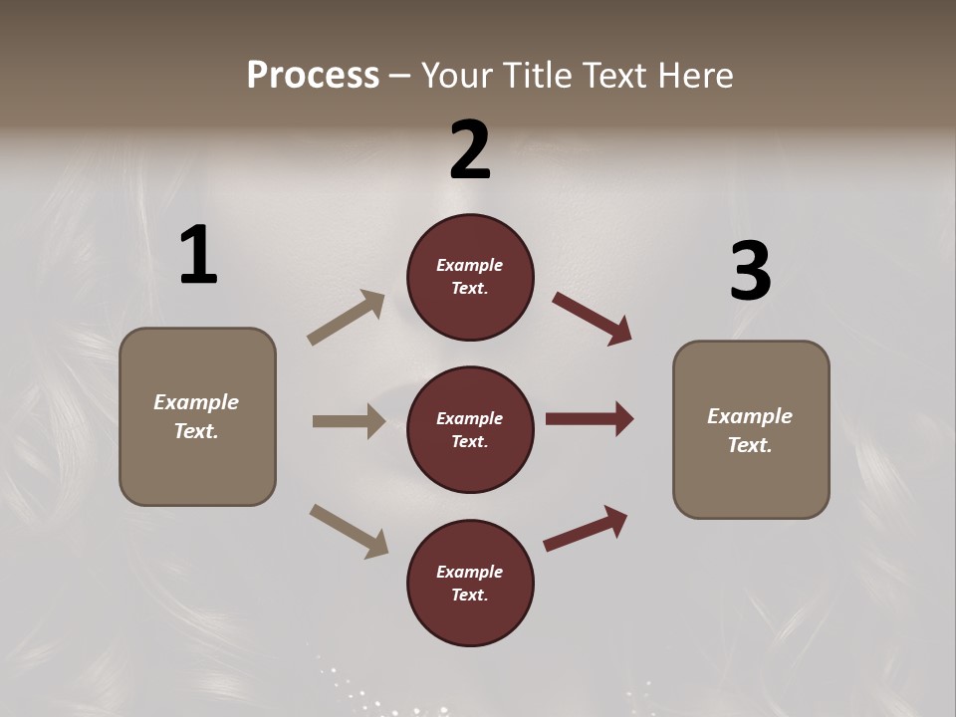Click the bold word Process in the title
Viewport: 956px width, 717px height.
[313, 76]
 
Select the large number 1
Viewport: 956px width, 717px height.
[198, 256]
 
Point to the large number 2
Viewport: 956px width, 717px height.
[470, 150]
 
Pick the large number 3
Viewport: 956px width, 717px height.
[750, 271]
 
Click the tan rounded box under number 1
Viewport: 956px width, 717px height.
[197, 416]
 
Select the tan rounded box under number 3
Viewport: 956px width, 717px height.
[751, 430]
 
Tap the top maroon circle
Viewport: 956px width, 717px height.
[470, 277]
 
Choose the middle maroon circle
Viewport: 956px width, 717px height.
[470, 430]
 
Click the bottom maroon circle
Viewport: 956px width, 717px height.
[470, 583]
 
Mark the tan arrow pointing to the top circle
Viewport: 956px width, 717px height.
[347, 318]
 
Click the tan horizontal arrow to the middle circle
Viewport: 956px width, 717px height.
[349, 421]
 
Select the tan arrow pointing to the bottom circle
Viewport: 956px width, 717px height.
[349, 531]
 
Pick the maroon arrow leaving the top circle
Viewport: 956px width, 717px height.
[593, 319]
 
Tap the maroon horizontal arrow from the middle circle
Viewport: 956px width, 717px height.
[590, 419]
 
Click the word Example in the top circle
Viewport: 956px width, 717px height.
[470, 266]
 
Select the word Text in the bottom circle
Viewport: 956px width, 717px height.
[468, 595]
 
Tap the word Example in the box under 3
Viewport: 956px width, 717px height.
[750, 416]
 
